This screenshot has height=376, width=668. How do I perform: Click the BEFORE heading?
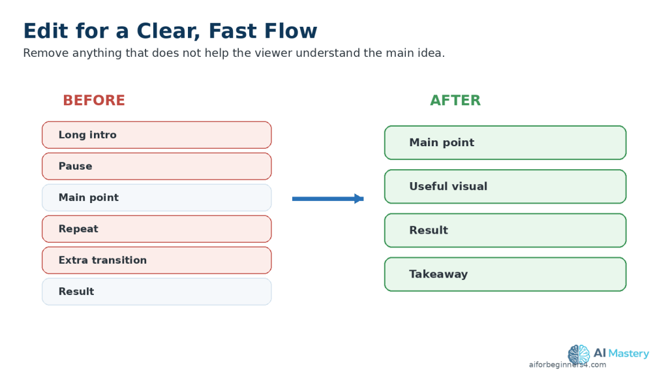click(94, 100)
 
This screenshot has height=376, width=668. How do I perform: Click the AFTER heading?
click(455, 100)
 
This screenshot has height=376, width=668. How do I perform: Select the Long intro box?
click(157, 134)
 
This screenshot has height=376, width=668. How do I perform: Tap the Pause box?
click(157, 166)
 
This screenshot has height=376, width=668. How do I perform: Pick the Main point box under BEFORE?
click(157, 197)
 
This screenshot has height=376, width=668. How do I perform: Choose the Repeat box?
click(157, 229)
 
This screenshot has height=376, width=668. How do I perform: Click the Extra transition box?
click(157, 260)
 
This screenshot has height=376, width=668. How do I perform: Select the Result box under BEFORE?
click(157, 292)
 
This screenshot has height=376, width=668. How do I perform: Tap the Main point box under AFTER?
click(506, 142)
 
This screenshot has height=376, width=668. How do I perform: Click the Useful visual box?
click(506, 186)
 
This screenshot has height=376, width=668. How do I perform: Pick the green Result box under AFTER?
click(506, 230)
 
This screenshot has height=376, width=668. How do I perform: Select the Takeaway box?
click(506, 274)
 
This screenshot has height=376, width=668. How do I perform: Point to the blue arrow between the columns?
click(327, 198)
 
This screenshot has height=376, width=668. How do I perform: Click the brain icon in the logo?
click(579, 354)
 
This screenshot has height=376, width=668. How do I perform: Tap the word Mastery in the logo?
click(629, 353)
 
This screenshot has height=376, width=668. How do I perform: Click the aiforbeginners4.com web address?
click(568, 364)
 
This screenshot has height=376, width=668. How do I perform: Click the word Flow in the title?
click(290, 31)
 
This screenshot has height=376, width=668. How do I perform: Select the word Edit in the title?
click(46, 31)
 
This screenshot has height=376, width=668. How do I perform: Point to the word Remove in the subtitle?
click(45, 53)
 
